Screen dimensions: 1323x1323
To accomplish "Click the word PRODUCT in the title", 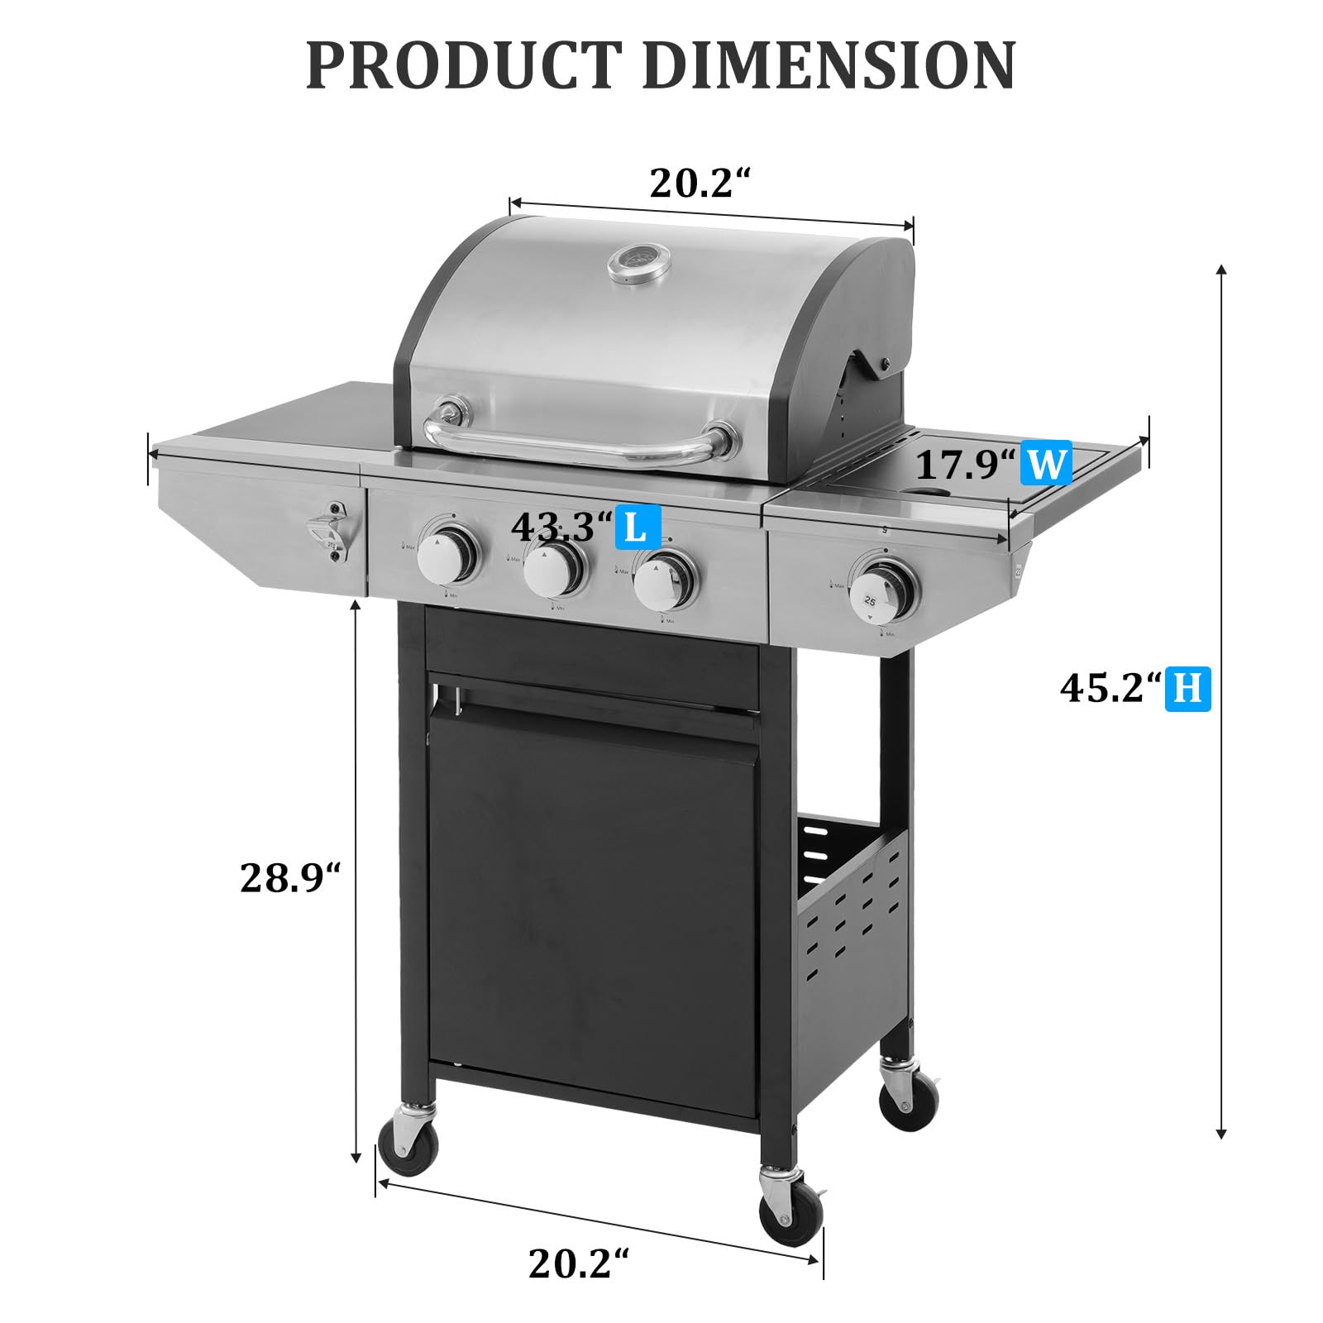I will click(x=464, y=65).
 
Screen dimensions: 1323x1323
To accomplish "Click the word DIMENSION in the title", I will click(x=829, y=65).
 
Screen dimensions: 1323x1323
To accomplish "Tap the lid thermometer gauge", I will click(x=633, y=265).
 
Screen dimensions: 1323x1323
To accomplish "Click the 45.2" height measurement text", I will click(x=1110, y=688).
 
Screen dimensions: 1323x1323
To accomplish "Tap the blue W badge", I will click(x=1045, y=464).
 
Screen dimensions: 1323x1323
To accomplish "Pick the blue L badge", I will click(x=635, y=527).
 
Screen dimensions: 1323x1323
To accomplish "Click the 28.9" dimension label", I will click(x=290, y=878).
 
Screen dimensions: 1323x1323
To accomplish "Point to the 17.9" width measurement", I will click(x=964, y=465).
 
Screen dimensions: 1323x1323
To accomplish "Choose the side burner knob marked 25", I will click(x=884, y=586).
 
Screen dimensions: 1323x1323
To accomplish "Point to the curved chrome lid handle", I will click(x=579, y=447).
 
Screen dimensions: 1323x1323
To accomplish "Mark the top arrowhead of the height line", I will click(x=1221, y=270).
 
